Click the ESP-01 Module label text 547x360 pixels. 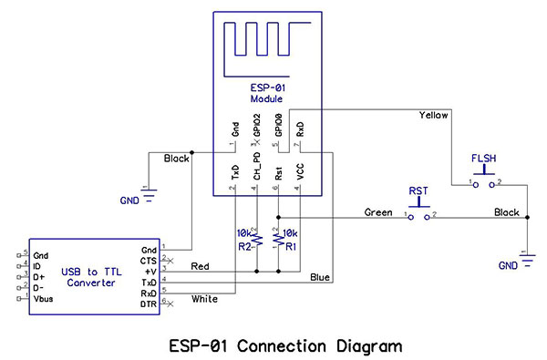[x=267, y=91]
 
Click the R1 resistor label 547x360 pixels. [x=291, y=246]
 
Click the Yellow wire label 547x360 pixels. [x=434, y=116]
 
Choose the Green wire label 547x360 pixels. [x=378, y=212]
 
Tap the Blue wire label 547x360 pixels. [x=320, y=277]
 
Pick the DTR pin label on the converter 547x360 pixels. [x=148, y=304]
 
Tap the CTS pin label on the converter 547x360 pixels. [x=148, y=260]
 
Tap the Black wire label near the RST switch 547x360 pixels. [x=506, y=212]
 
